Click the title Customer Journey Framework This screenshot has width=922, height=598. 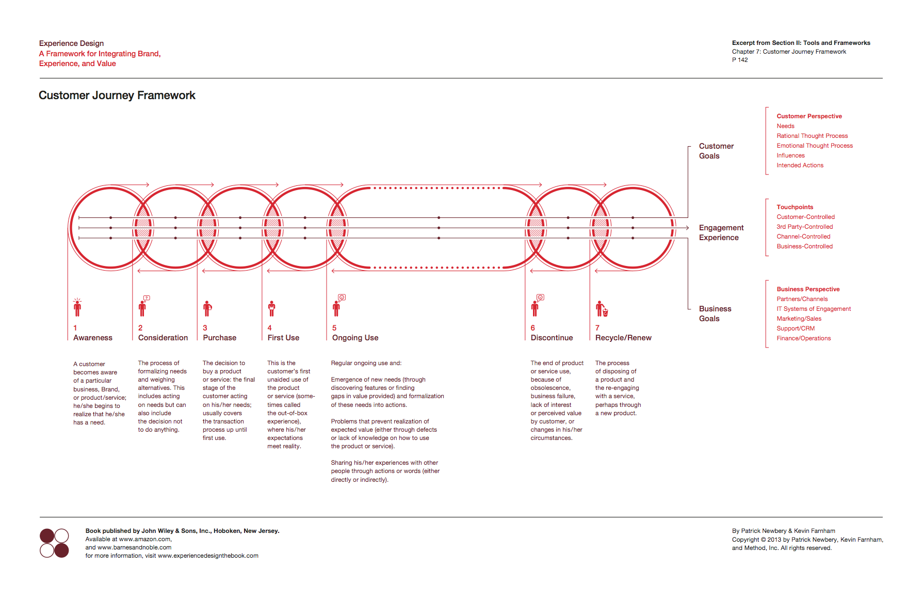coord(117,96)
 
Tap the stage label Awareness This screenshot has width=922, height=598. coord(93,338)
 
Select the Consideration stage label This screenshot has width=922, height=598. coord(163,338)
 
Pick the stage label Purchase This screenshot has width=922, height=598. coord(220,338)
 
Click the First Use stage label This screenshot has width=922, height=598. coord(283,338)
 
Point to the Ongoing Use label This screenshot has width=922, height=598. coord(355,338)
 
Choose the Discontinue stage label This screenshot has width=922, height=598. coord(552,338)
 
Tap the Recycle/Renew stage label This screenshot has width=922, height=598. coord(623,338)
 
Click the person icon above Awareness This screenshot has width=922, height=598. coord(77,307)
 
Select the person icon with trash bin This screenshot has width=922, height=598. coord(602,309)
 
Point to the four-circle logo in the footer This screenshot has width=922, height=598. coord(54,543)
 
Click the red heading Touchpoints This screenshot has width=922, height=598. coord(795,207)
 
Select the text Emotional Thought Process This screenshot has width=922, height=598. coord(815,146)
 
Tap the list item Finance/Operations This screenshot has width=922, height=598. coord(804,338)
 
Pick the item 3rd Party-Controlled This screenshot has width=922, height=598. coord(805,227)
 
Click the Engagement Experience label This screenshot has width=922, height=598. coord(721,232)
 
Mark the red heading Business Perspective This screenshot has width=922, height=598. coord(808,289)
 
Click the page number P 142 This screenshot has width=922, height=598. coord(740,60)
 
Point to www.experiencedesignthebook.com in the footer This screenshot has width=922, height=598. coord(208,556)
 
